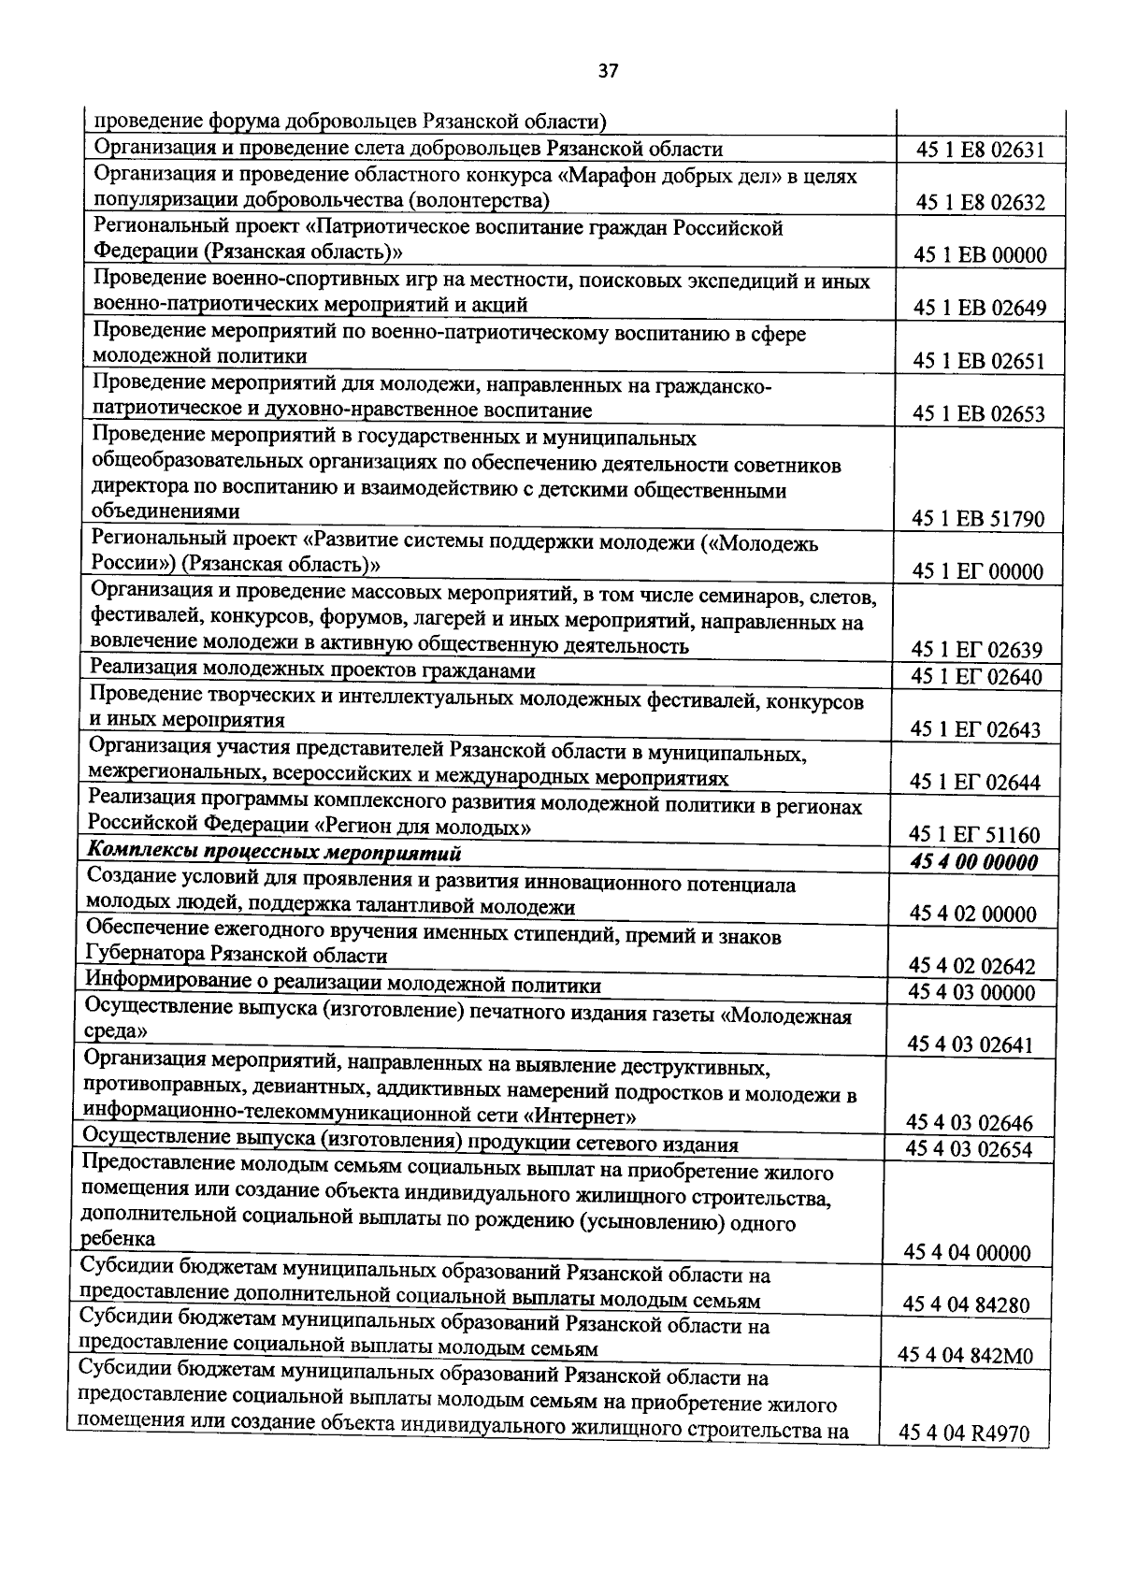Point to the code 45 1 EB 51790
click(979, 519)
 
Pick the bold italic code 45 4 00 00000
click(973, 862)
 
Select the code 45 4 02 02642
click(972, 965)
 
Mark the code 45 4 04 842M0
click(965, 1355)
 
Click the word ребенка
click(119, 1239)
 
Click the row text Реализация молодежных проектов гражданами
click(311, 670)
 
